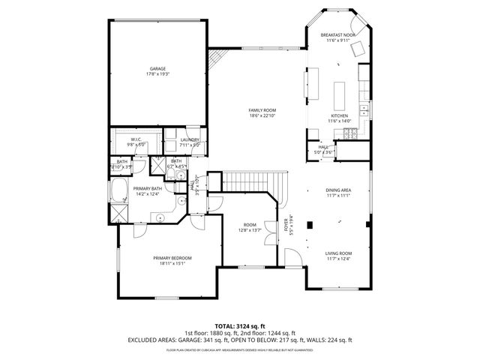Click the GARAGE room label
(157, 68)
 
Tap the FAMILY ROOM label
(262, 110)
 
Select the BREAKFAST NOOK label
(338, 34)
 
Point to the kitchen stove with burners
(349, 133)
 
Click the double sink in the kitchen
(365, 110)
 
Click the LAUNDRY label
(190, 139)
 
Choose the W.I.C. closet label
(136, 139)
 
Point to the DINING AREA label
(338, 190)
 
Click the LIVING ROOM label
(338, 253)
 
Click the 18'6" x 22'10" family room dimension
(262, 115)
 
